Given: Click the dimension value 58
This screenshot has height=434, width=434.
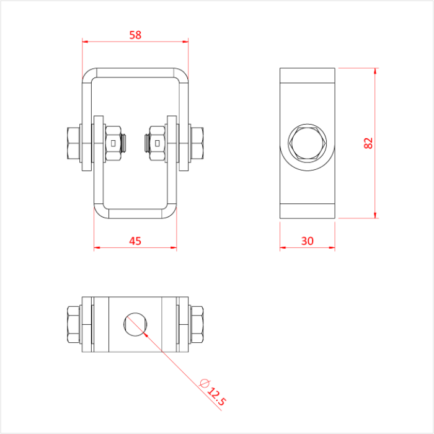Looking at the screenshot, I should point(135,35).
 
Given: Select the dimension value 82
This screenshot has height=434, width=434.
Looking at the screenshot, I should point(368,143).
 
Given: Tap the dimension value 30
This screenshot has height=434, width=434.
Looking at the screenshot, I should point(308,241).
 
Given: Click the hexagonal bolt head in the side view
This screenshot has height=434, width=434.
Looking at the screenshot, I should point(308,143).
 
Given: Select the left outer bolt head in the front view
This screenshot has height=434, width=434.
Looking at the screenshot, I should point(71,143).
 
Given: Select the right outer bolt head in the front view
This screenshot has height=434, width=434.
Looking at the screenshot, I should point(198,143).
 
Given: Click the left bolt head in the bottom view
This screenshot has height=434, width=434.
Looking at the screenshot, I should point(71,323).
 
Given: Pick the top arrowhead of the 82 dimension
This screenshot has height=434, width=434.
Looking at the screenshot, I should point(375,71).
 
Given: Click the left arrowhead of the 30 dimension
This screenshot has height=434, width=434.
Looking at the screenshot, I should point(283,248).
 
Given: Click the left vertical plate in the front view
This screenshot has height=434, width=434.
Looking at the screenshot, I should point(98,143).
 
